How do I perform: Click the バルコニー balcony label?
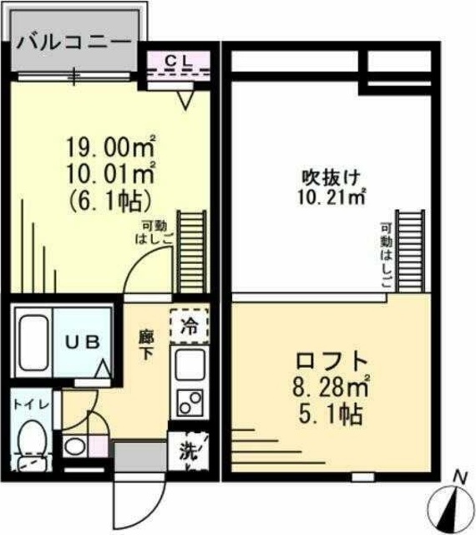pyautogui.click(x=73, y=41)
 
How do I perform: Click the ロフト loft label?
pyautogui.click(x=333, y=361)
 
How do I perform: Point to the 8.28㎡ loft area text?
pyautogui.click(x=333, y=388)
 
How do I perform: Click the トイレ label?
pyautogui.click(x=33, y=404)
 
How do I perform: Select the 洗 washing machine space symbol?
pyautogui.click(x=189, y=452)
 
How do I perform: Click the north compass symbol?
pyautogui.click(x=450, y=502)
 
